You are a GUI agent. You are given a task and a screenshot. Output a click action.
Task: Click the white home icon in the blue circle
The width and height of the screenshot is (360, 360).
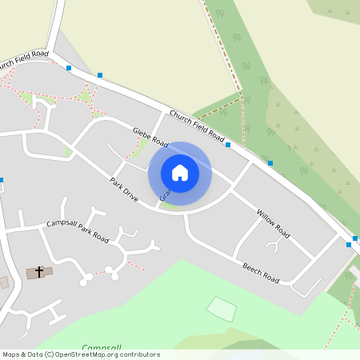(x=180, y=173)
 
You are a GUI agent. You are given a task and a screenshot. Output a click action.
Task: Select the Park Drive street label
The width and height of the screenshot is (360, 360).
(x=124, y=190)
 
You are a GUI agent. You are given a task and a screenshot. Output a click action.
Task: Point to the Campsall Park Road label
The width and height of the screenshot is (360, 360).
(x=78, y=230)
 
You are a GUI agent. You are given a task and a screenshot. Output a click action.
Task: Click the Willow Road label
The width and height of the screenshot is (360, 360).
(x=273, y=224)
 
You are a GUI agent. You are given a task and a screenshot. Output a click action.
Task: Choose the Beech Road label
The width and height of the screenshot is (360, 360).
(x=261, y=272)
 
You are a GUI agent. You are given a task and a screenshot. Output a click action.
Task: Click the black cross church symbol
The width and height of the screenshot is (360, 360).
(x=38, y=272)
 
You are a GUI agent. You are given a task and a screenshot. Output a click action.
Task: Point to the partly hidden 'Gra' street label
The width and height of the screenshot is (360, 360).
(x=164, y=194)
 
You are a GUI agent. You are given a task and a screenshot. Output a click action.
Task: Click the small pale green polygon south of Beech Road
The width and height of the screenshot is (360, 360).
(x=222, y=309)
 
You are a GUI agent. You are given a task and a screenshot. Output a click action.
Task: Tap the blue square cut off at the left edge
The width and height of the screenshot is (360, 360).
(x=1, y=180)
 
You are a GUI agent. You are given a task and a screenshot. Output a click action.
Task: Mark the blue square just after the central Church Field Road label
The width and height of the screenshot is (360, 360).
(x=228, y=145)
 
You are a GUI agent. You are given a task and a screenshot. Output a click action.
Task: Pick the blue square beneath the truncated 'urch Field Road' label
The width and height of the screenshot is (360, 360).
(x=69, y=68)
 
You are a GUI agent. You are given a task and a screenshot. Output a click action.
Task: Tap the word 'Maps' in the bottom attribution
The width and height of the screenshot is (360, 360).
(x=11, y=354)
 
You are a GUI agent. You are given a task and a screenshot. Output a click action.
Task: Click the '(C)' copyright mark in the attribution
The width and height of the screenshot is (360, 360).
(x=49, y=354)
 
